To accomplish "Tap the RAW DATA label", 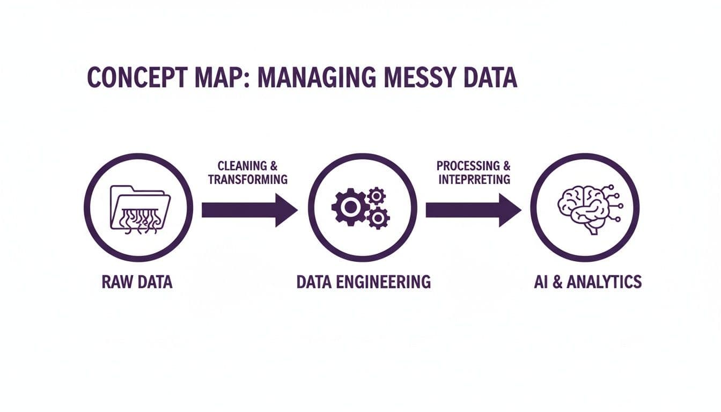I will (x=137, y=282).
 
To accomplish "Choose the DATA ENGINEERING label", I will (x=363, y=282).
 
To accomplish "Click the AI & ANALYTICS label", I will (x=587, y=282).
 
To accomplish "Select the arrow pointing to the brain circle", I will (x=473, y=210).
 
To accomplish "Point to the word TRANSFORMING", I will (x=247, y=180).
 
